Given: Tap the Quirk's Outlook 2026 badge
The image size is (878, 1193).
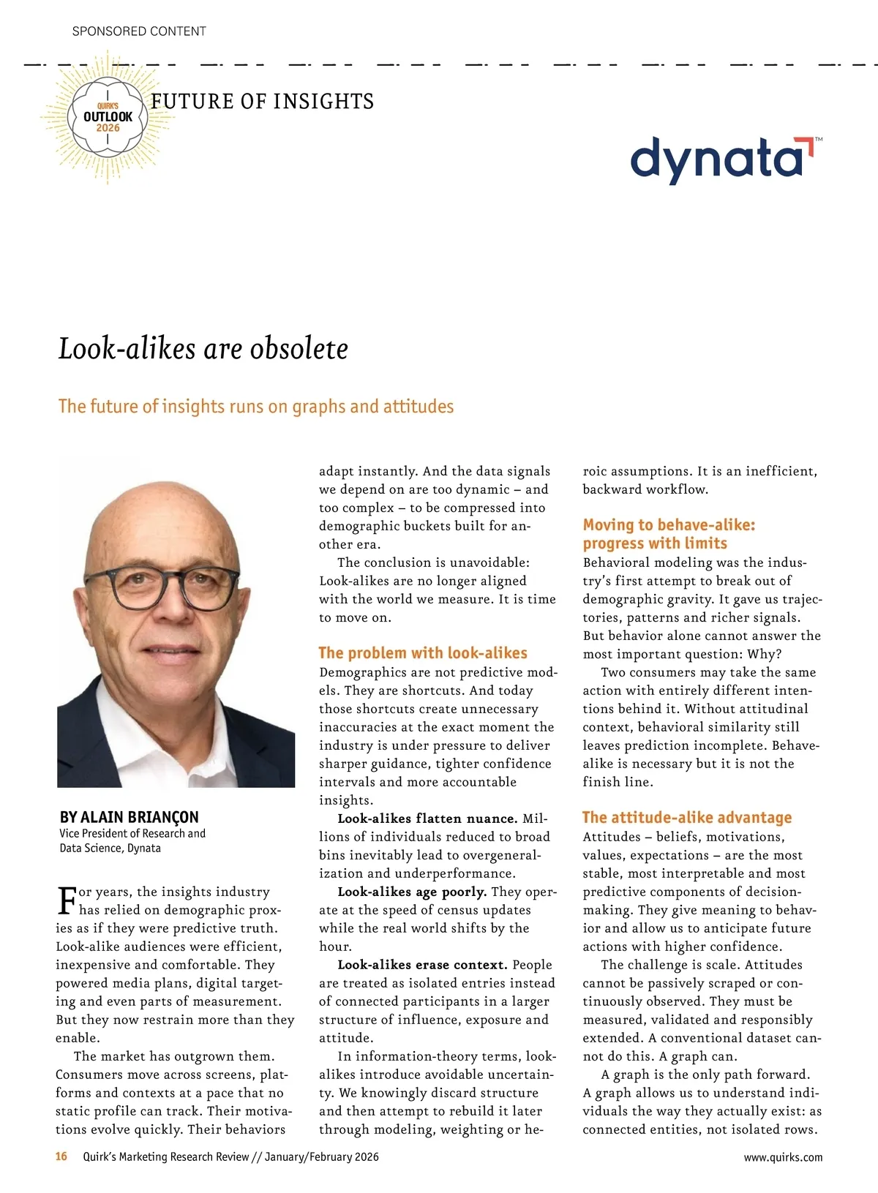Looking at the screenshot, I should click(108, 117).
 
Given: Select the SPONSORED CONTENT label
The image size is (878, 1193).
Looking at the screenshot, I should click(139, 31).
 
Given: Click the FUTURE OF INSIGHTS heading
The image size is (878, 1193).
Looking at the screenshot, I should click(262, 102).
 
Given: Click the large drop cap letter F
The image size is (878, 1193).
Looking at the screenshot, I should click(66, 900).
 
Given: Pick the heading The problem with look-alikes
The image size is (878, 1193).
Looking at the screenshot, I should click(423, 653).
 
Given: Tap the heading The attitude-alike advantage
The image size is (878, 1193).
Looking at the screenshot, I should click(687, 818).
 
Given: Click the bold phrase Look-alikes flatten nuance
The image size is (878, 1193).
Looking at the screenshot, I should click(427, 818).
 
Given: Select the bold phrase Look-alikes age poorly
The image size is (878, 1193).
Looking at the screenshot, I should click(412, 892).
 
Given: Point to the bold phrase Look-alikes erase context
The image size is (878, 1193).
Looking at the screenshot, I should click(422, 965).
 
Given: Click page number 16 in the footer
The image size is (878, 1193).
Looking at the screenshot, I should click(61, 1156).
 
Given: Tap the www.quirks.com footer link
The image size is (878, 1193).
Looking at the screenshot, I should click(783, 1157).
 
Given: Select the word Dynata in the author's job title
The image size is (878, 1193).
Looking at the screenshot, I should click(144, 848).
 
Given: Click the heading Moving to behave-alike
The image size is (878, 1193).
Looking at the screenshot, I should click(669, 525).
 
